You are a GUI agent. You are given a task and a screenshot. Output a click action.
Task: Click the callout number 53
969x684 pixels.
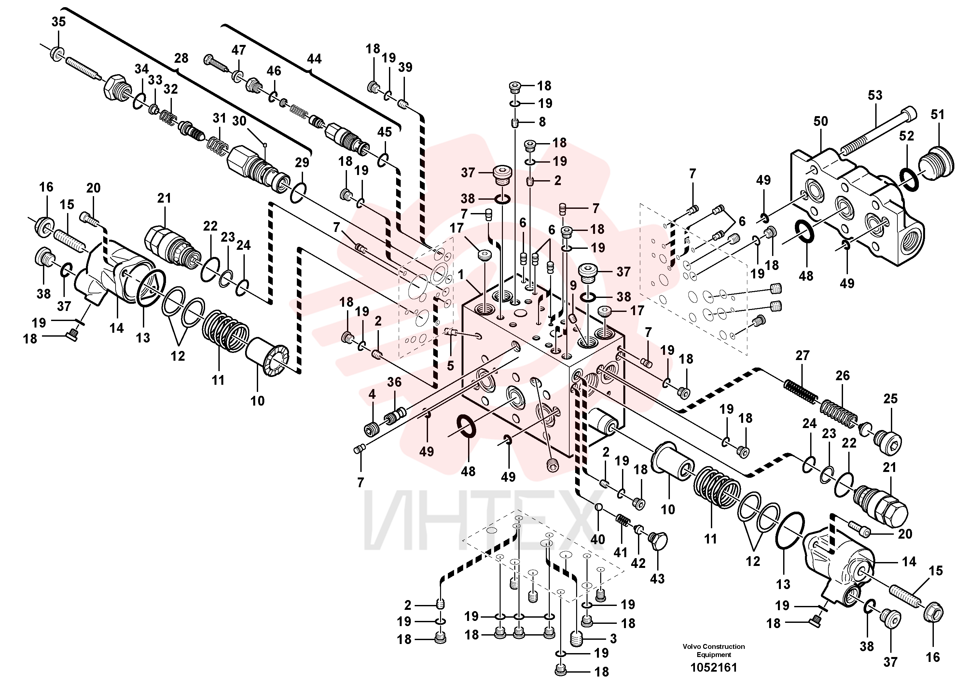coord(875,95)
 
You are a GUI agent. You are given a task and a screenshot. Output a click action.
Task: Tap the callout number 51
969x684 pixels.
coord(937,115)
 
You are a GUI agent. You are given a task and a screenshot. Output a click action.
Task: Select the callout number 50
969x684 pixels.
coord(821,121)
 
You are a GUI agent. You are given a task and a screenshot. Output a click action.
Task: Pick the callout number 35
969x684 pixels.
coord(59,22)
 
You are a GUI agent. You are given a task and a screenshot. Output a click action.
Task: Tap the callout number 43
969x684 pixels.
coord(657,579)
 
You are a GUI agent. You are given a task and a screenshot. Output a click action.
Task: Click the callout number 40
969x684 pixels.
coord(598,539)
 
